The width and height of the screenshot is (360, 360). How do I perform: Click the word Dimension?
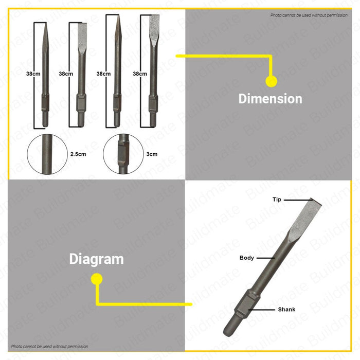[x=270, y=99]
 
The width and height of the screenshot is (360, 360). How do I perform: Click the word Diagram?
[x=96, y=259]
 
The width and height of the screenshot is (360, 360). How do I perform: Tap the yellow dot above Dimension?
[x=271, y=81]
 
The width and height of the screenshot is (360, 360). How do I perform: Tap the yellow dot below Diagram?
[x=96, y=279]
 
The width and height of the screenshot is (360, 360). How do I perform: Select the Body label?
[x=247, y=258]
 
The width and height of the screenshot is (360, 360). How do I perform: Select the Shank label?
[x=286, y=310]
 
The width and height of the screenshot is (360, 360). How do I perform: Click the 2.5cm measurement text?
[x=78, y=153]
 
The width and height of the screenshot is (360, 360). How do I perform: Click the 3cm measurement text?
[x=152, y=153]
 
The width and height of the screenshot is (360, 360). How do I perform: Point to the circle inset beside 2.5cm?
[x=48, y=153]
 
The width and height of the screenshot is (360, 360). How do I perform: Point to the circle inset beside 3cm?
[x=121, y=153]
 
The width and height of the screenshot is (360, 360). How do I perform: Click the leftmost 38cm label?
[x=33, y=74]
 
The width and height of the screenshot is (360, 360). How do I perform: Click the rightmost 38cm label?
[x=140, y=74]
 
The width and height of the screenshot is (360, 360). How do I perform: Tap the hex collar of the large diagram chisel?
[x=242, y=308]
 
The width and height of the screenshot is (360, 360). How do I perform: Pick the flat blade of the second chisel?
[x=82, y=36]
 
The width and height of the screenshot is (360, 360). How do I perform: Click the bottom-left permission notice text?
[x=50, y=347]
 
